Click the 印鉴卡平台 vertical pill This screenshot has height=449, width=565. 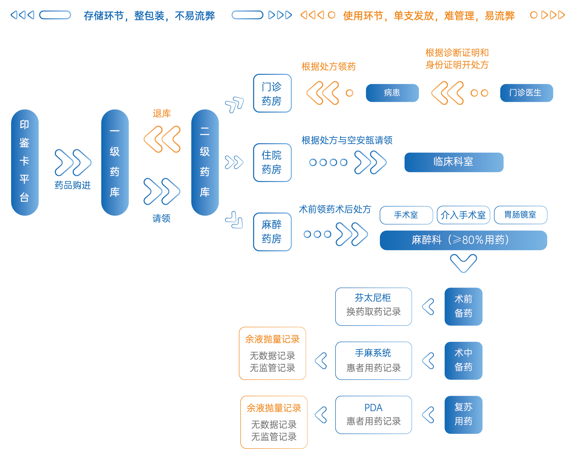[x=25, y=162]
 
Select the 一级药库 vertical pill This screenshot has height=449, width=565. [x=115, y=162]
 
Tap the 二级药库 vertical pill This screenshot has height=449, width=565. [x=205, y=162]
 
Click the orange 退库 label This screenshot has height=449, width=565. [x=162, y=114]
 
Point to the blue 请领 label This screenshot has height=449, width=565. [x=161, y=218]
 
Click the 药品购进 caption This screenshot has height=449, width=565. [x=73, y=185]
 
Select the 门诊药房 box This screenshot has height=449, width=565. [x=272, y=93]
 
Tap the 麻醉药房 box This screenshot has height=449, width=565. [x=272, y=232]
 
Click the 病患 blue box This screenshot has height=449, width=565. [x=392, y=93]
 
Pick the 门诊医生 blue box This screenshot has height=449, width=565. [x=526, y=93]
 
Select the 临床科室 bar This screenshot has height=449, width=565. [x=453, y=162]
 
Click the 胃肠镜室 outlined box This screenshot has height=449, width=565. [x=520, y=215]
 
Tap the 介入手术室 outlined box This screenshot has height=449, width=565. [x=463, y=215]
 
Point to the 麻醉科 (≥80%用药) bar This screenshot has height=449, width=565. [x=463, y=240]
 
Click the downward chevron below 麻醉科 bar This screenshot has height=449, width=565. [x=464, y=263]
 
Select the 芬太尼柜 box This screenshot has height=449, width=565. [x=373, y=306]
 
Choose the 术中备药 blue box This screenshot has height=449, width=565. [x=463, y=360]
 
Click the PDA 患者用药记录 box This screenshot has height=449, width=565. [x=373, y=415]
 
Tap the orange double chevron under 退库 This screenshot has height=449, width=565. [x=162, y=139]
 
